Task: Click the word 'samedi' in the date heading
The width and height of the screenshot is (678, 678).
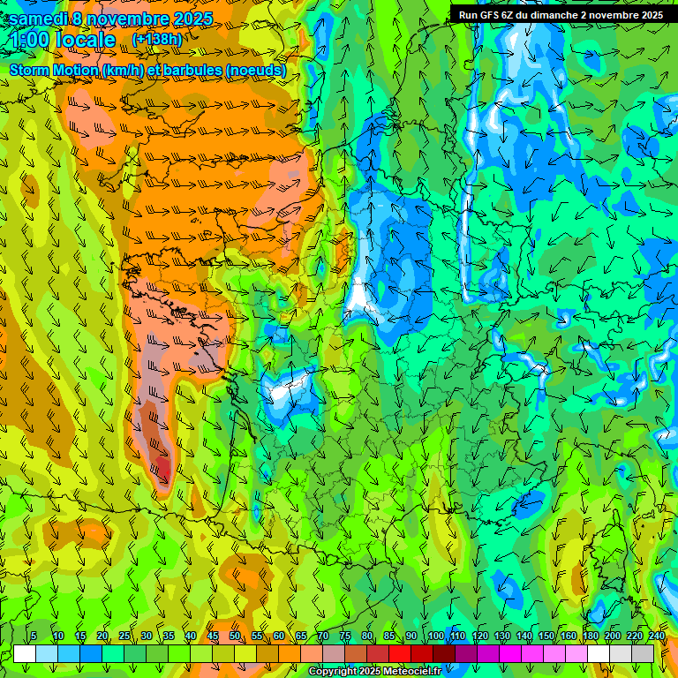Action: click(x=40, y=19)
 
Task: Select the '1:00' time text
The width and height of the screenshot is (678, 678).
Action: click(x=30, y=41)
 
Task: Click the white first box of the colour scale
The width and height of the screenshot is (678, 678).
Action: click(x=25, y=653)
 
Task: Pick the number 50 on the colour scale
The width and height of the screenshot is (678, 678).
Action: click(x=235, y=637)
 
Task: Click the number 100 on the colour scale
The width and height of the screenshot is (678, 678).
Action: click(x=435, y=637)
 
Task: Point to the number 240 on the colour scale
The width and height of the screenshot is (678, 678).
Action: click(x=656, y=637)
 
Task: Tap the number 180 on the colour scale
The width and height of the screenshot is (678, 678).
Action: click(x=590, y=637)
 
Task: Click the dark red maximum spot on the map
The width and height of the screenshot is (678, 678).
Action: click(x=162, y=465)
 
